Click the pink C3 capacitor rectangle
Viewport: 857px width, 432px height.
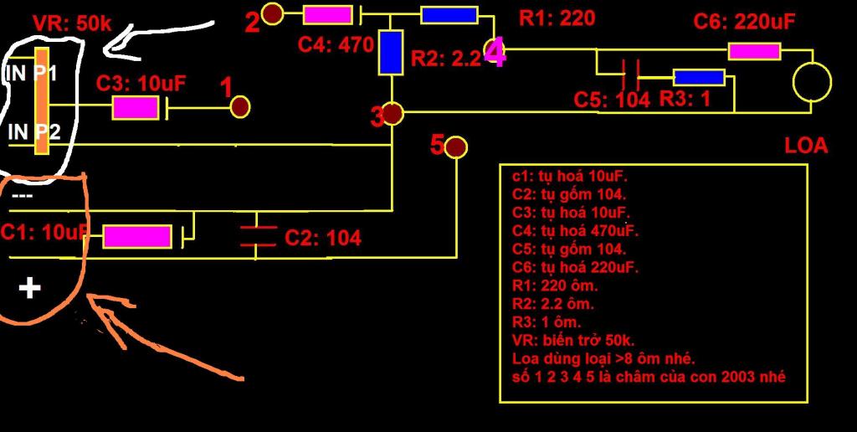[136, 107]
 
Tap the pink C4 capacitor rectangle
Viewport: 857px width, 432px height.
[327, 14]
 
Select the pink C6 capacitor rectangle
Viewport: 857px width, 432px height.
[754, 51]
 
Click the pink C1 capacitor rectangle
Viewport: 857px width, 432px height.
[137, 236]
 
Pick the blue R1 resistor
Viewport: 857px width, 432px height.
[449, 14]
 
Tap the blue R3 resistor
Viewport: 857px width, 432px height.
[699, 78]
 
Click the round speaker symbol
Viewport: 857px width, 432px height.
[812, 81]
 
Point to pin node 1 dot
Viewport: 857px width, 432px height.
[240, 106]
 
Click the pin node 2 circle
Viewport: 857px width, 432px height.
[273, 13]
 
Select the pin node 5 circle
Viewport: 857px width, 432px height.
[456, 148]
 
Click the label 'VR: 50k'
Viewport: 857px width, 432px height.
[72, 23]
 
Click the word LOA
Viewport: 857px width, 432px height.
[806, 146]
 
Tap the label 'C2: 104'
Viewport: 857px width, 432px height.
[323, 238]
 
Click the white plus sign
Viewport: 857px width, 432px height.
[30, 289]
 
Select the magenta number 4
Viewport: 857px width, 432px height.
[495, 54]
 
